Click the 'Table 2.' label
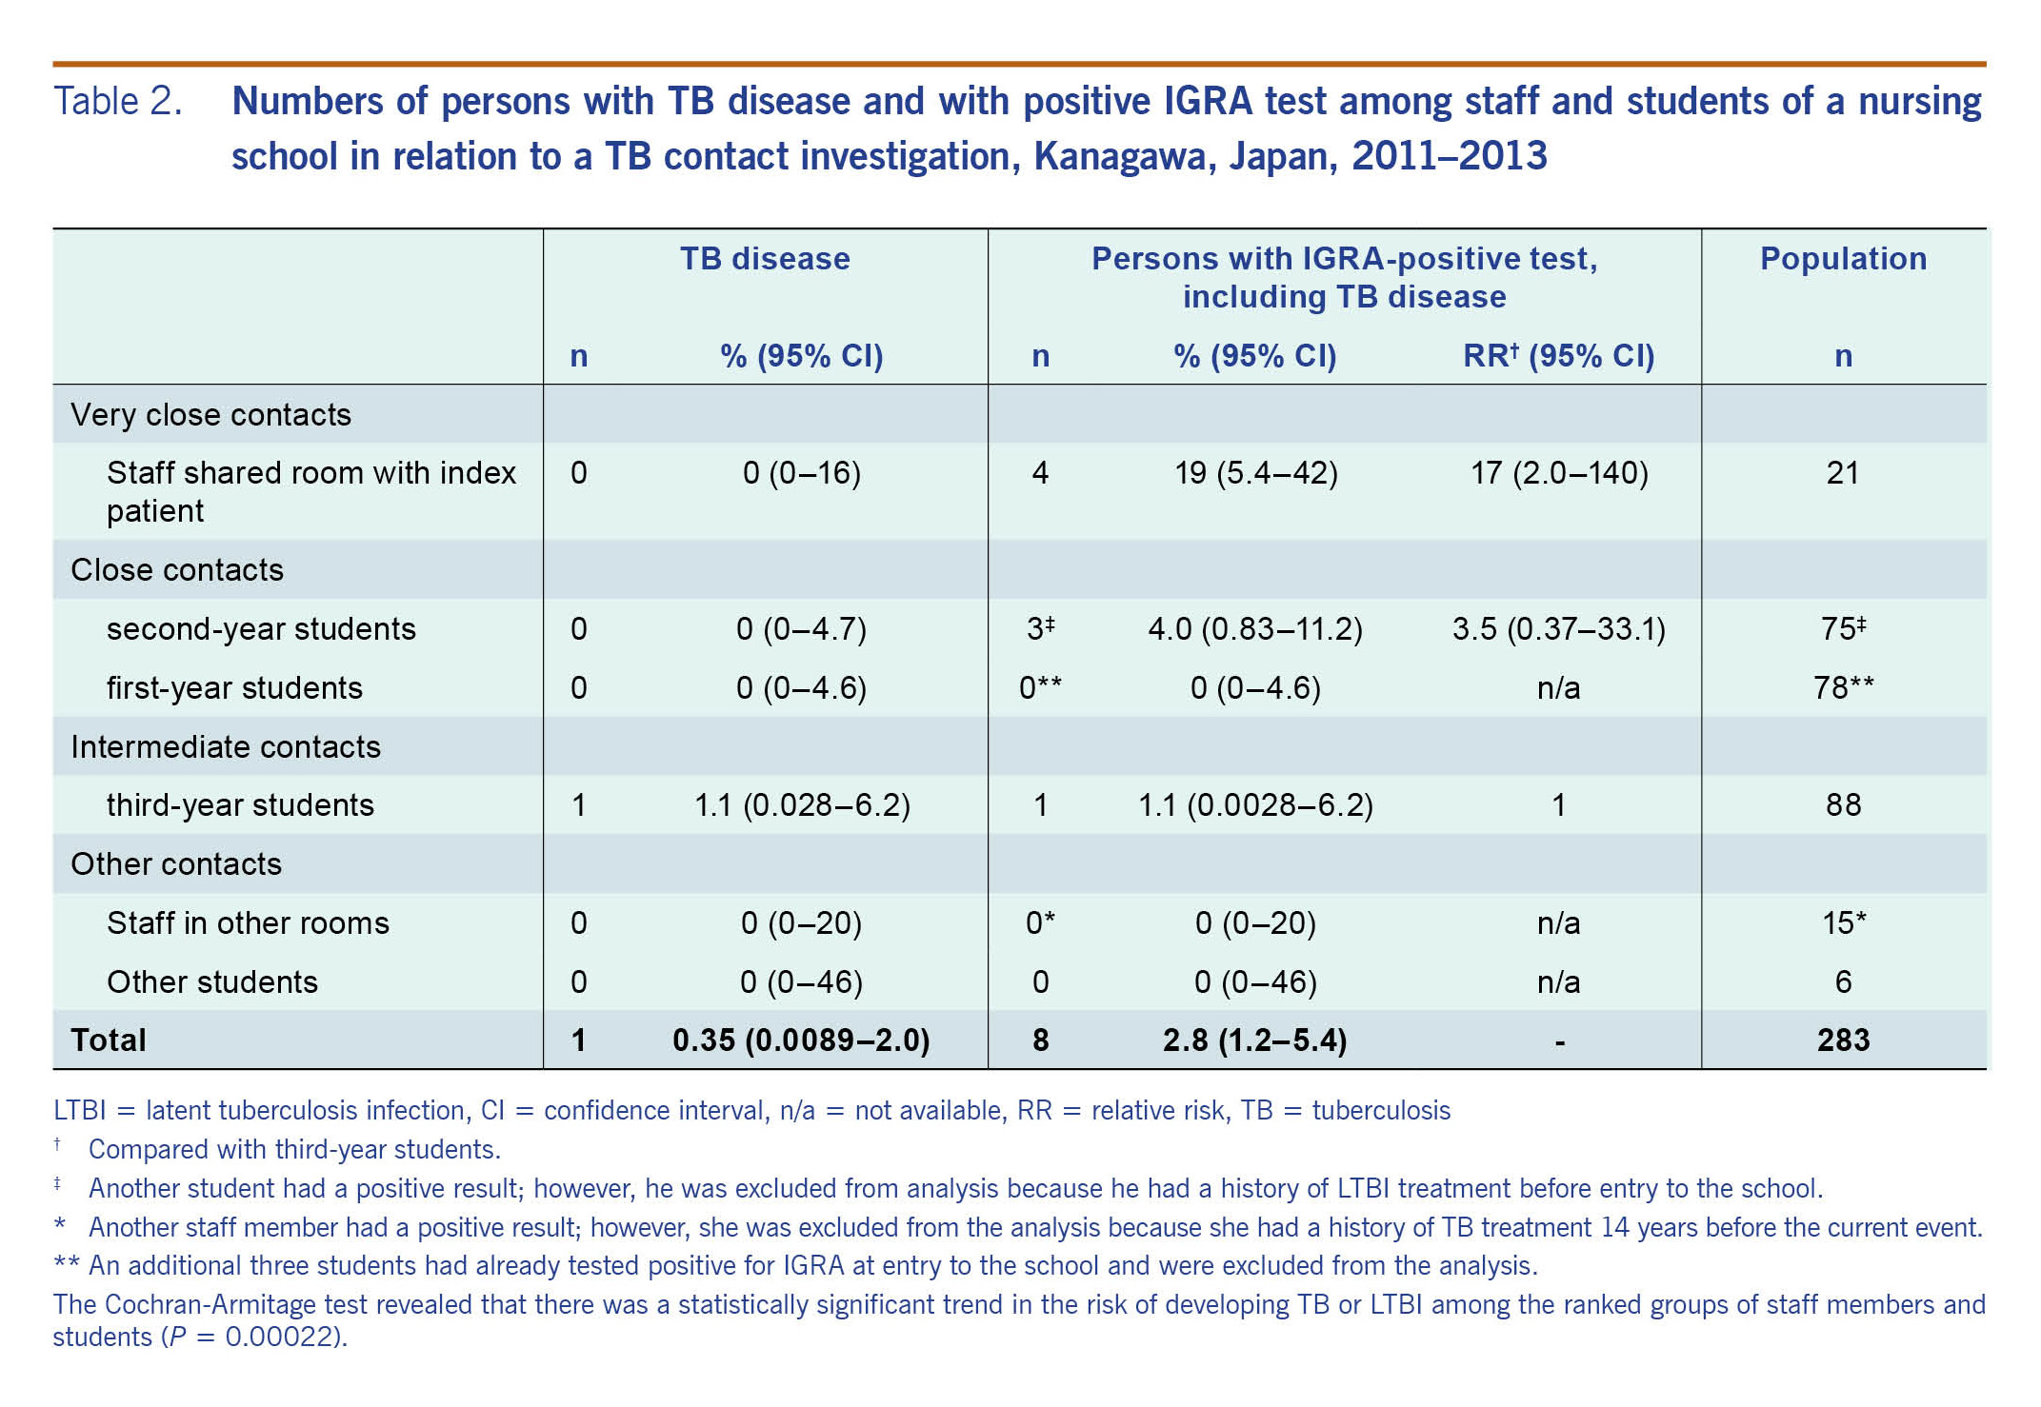pos(117,102)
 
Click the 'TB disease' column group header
pos(765,259)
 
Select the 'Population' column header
pos(1843,259)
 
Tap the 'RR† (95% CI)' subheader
pos(1558,356)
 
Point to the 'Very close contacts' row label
pos(210,415)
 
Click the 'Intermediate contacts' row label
pos(226,747)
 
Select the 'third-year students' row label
pos(240,805)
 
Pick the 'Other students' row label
pos(212,982)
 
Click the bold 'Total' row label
pos(109,1040)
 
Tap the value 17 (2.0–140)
pos(1559,473)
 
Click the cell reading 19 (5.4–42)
pos(1255,473)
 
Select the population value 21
pos(1843,473)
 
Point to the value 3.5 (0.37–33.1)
pos(1558,629)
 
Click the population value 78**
pos(1843,688)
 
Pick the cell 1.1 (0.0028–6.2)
pos(1255,805)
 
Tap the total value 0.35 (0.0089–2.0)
pos(801,1040)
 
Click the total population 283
pos(1843,1040)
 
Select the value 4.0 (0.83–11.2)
pos(1255,629)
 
